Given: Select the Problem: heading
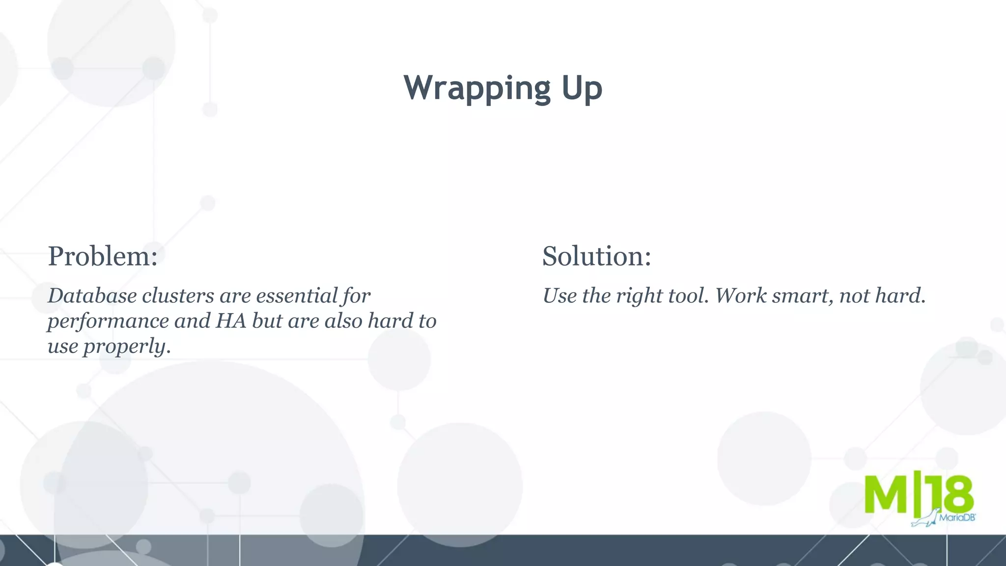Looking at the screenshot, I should tap(103, 256).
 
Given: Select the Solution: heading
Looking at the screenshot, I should tap(596, 256).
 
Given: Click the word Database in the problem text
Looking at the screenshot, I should tap(92, 296).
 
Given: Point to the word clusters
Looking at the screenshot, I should tap(178, 296).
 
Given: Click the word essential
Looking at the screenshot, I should tap(297, 296).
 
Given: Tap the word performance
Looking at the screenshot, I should tap(108, 322).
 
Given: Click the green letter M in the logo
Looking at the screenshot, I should tap(885, 494).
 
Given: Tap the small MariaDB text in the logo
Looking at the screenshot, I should tap(957, 517).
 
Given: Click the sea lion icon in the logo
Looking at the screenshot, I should tap(925, 519).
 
